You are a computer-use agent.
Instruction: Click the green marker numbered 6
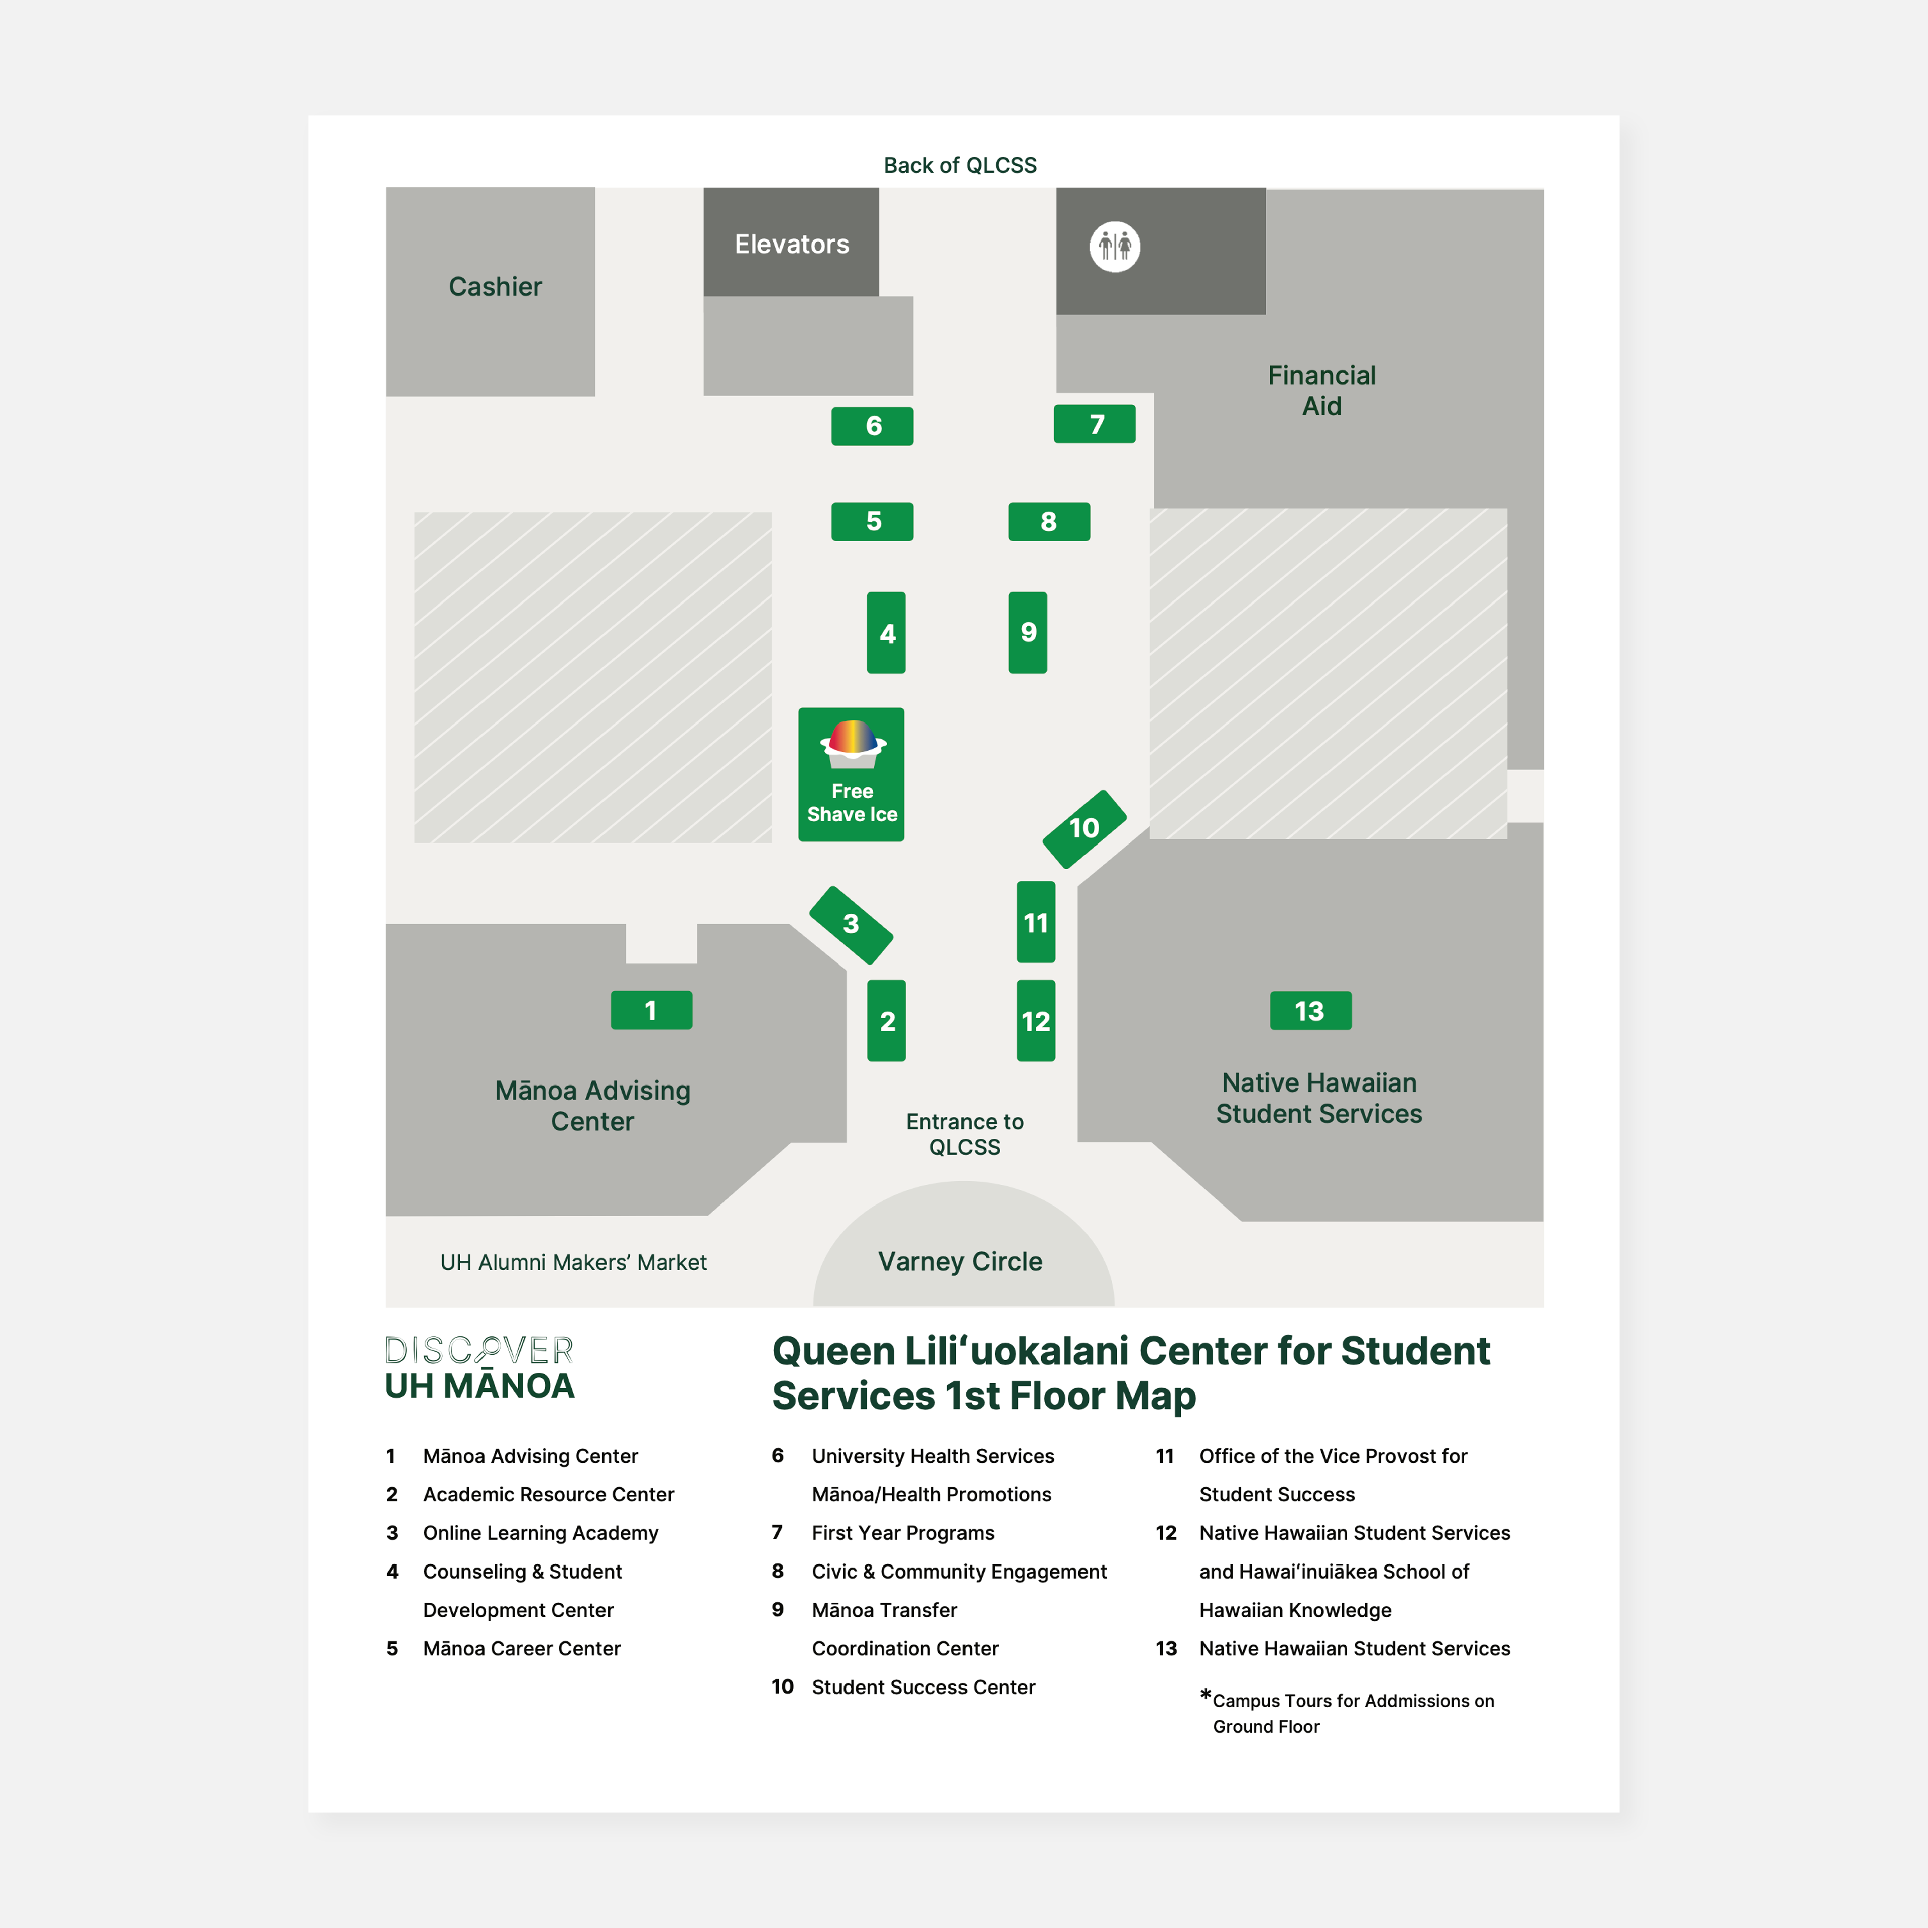pos(872,426)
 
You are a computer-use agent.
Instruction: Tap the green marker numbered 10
pos(1084,828)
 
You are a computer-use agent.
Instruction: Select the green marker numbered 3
pos(850,924)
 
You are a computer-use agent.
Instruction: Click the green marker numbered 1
pos(651,1010)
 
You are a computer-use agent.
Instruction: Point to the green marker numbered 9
pos(1028,633)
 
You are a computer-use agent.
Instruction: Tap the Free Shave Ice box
pos(851,774)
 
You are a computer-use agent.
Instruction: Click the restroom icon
pos(1115,247)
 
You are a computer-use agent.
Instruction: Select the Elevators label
pos(791,245)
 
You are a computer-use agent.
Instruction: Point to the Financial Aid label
pos(1321,390)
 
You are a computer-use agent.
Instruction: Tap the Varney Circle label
pos(960,1261)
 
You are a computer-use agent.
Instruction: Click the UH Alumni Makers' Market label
pos(574,1262)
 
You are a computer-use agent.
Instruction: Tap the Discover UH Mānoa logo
pos(480,1368)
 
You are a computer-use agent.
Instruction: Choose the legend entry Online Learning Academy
pos(540,1533)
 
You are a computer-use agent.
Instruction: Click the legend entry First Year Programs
pos(902,1533)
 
